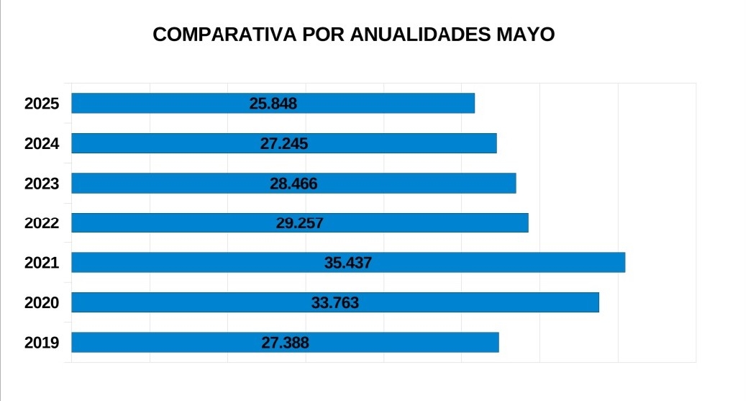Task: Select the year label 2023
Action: pos(42,184)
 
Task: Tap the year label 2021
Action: pos(42,263)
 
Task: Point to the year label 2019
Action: pos(42,343)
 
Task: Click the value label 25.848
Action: pos(273,104)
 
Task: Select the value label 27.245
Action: pos(284,144)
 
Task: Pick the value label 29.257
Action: pos(300,223)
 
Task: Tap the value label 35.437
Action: pos(348,263)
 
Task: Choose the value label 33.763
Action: pos(335,303)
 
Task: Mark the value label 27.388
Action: pos(286,343)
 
